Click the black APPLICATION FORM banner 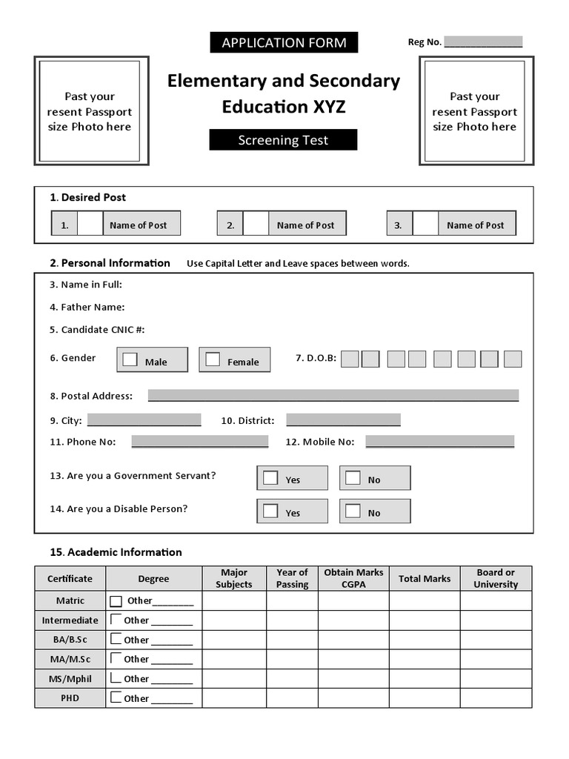coord(284,42)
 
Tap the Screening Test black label coord(283,140)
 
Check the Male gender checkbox coord(130,359)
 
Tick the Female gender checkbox coord(213,359)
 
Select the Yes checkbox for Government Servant coord(271,477)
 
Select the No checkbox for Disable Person coord(353,511)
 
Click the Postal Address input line coord(333,395)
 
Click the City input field coord(144,420)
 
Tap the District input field coord(343,420)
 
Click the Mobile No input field coord(439,441)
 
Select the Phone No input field coord(199,441)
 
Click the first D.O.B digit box coord(350,359)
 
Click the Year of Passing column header coord(292,578)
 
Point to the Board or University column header coord(496,578)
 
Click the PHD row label coord(70,698)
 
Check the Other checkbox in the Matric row coord(116,601)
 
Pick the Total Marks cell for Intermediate coord(425,620)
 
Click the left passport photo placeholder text coord(89,112)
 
